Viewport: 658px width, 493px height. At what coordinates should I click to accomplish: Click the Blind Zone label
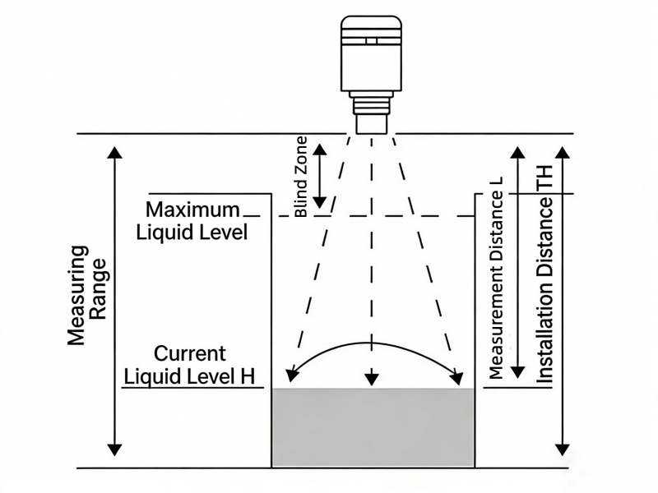(x=301, y=176)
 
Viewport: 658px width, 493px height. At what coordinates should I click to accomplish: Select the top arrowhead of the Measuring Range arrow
(x=114, y=154)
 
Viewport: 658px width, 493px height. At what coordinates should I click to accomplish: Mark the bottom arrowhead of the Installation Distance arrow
(x=562, y=448)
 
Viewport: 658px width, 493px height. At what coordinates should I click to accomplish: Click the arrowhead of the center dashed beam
(x=372, y=379)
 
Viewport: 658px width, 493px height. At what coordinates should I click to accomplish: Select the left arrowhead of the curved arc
(x=289, y=375)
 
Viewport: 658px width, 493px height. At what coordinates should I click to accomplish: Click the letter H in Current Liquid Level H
(x=246, y=376)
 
